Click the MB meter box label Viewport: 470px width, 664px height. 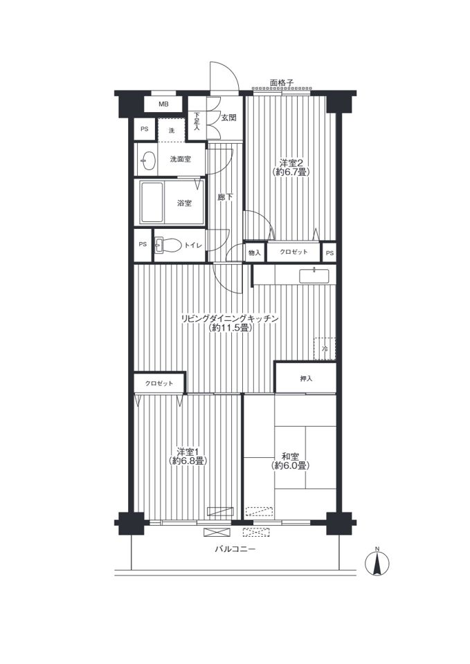click(163, 104)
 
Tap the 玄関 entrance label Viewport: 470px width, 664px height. click(228, 118)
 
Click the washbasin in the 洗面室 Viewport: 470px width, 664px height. click(147, 161)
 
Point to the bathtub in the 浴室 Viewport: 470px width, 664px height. click(152, 203)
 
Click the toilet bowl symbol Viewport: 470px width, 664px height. click(168, 245)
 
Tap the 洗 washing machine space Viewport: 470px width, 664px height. click(172, 131)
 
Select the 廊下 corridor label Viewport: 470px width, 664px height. click(225, 197)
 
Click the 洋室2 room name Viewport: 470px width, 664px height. click(290, 163)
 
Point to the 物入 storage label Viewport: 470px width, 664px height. click(254, 253)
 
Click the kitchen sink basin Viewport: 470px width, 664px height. click(314, 276)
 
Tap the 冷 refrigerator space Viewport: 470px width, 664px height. click(325, 349)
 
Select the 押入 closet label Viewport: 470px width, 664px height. click(306, 378)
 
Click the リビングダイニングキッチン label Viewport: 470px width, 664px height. click(230, 318)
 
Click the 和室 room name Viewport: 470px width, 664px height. click(290, 456)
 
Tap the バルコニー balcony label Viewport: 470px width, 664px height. click(235, 550)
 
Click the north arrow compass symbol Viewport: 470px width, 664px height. click(377, 562)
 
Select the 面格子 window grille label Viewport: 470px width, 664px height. click(282, 83)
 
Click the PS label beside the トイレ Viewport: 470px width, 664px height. click(143, 244)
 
